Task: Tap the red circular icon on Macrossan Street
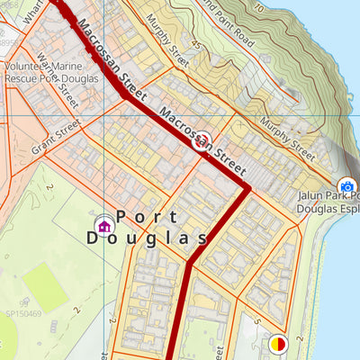tap(203, 139)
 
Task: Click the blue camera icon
tap(346, 186)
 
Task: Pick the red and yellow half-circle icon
tap(278, 343)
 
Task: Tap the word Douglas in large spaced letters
tap(147, 238)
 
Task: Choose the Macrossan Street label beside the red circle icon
tap(202, 140)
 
